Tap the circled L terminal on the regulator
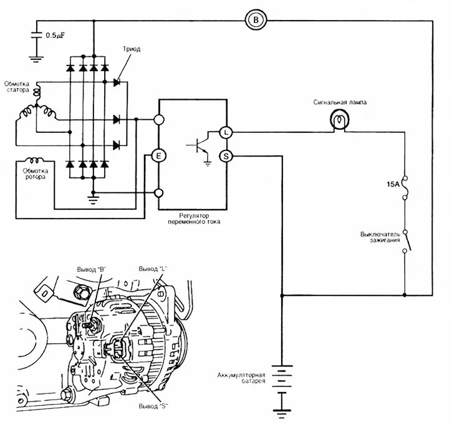point(226,132)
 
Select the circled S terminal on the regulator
point(226,156)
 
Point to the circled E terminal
point(159,156)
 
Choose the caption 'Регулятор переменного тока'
point(193,218)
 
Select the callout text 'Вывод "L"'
point(153,268)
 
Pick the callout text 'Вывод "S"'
point(153,405)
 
